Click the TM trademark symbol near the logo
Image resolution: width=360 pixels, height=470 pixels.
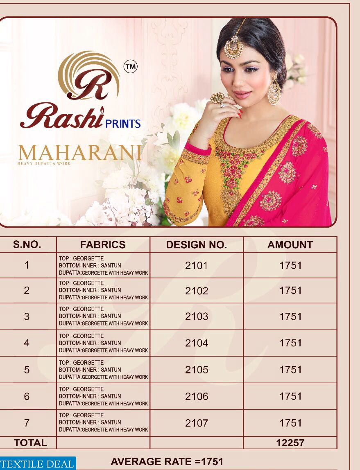coord(131,67)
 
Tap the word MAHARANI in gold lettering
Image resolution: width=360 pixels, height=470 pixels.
coord(80,153)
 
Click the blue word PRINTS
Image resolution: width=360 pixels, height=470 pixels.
coord(123,124)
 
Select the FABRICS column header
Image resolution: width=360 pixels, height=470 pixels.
coord(103,245)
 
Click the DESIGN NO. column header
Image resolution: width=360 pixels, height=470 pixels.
coord(196,245)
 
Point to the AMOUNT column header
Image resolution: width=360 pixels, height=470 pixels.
coord(290,245)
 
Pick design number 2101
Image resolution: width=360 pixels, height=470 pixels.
coord(197,265)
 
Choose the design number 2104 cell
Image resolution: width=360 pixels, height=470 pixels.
coord(197,343)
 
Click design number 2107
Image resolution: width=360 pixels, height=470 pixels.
coord(197,423)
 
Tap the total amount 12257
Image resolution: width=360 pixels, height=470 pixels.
coord(290,443)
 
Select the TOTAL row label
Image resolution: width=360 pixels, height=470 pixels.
coord(30,443)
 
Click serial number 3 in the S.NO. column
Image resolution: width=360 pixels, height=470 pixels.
coord(27,316)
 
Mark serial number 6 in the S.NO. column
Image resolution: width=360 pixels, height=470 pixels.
coord(27,396)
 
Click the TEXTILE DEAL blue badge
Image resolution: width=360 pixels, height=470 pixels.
coord(37,464)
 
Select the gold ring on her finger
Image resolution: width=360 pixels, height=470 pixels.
coord(217,98)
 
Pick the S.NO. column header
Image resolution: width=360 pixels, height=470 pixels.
coord(27,245)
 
